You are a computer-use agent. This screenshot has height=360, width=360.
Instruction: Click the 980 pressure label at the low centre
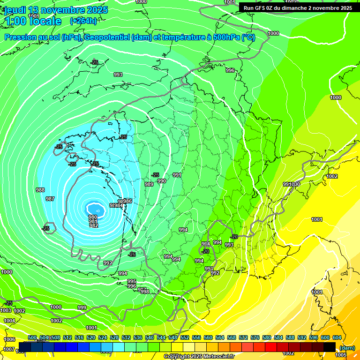point(93,217)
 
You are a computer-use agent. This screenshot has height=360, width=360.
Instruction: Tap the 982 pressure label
point(94,225)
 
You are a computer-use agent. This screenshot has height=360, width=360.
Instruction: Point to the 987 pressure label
point(50,199)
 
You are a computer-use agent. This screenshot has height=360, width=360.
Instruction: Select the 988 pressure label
point(40,190)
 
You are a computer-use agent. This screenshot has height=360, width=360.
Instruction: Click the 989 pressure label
point(149,184)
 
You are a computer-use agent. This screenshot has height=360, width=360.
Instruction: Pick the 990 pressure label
point(162,181)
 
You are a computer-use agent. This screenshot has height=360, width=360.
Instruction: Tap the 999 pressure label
point(82,307)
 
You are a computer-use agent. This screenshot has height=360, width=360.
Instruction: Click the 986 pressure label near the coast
point(127,201)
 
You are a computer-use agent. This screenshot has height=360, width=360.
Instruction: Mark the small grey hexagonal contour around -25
point(47,228)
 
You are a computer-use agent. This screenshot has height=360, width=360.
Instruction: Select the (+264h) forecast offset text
point(83,21)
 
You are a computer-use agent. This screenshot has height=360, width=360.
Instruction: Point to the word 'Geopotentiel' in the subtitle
point(107,37)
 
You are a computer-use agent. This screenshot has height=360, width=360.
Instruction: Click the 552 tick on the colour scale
point(184,338)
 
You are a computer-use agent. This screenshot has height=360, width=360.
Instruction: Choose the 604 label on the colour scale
point(337,338)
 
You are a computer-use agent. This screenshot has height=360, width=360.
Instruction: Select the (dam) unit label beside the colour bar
point(347,348)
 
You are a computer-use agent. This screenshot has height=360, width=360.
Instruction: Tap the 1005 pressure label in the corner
point(341,355)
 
